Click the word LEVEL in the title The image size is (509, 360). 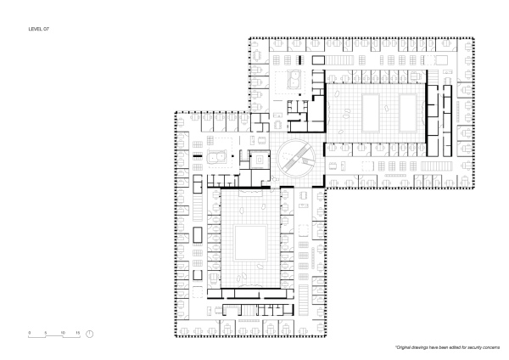35,28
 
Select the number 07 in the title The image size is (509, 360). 48,28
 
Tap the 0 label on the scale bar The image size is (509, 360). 29,333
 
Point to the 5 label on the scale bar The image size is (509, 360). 45,333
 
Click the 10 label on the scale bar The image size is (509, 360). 61,333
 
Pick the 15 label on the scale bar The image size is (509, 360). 77,333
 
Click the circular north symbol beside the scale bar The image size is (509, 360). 90,335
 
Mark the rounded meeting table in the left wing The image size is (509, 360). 215,158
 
